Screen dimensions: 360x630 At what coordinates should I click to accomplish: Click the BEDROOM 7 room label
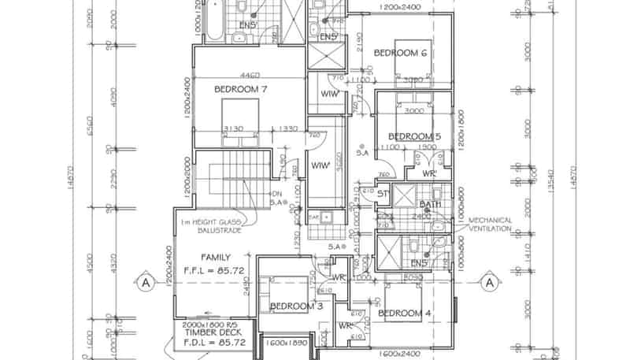tap(242, 89)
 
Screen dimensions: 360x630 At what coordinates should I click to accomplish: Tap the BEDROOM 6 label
tap(400, 53)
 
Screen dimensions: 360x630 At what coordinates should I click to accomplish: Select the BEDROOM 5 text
tap(415, 136)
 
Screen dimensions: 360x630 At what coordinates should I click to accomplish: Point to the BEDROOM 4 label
tap(404, 314)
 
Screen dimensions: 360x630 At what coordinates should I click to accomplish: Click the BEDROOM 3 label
tap(297, 306)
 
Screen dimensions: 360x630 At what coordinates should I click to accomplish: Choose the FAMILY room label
tap(215, 258)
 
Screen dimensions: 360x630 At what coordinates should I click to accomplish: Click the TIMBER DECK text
tap(209, 333)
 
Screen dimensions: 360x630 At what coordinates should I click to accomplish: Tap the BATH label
tap(430, 205)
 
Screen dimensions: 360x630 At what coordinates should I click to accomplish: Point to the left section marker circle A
tap(146, 281)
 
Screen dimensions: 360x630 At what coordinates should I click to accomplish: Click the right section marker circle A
tap(489, 281)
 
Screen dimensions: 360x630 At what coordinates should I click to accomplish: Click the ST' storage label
tap(384, 192)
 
